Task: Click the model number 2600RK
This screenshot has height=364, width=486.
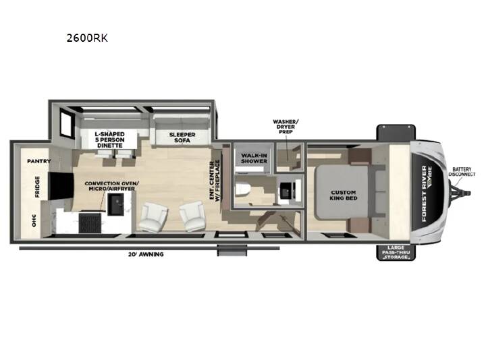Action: pyautogui.click(x=87, y=38)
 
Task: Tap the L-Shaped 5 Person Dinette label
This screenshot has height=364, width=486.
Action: pyautogui.click(x=110, y=140)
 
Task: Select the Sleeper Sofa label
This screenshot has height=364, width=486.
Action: pyautogui.click(x=182, y=138)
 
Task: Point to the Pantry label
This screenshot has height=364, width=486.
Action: pyautogui.click(x=39, y=161)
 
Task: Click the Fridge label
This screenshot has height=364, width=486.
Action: pyautogui.click(x=37, y=187)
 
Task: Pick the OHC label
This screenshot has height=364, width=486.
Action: pyautogui.click(x=34, y=220)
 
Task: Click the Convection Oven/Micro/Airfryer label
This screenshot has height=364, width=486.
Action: pyautogui.click(x=111, y=186)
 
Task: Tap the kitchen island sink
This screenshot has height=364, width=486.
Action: pyautogui.click(x=115, y=204)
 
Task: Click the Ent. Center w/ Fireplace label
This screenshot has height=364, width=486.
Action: pyautogui.click(x=215, y=181)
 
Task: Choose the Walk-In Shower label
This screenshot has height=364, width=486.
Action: pyautogui.click(x=254, y=158)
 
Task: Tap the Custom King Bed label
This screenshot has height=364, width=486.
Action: pyautogui.click(x=344, y=195)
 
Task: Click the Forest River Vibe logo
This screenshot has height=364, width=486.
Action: pyautogui.click(x=427, y=193)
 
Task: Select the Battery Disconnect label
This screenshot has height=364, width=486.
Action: pyautogui.click(x=462, y=172)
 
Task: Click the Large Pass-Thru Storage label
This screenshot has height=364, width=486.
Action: pyautogui.click(x=396, y=252)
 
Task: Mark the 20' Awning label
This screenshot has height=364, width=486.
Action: pyautogui.click(x=146, y=254)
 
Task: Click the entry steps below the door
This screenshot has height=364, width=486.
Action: pyautogui.click(x=232, y=250)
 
